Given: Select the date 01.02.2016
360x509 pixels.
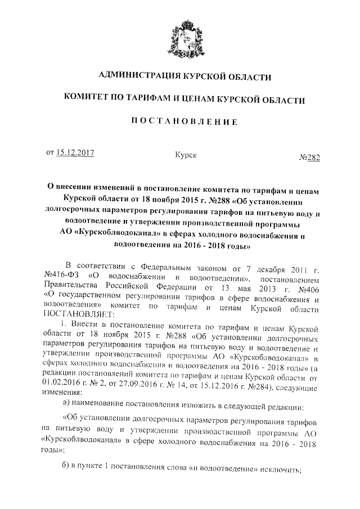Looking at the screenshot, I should pos(62,382).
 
